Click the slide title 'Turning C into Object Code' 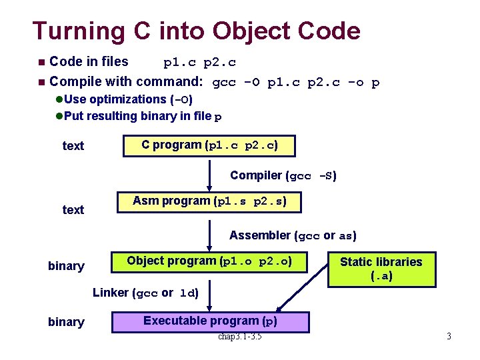pyautogui.click(x=196, y=31)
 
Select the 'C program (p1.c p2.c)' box pyautogui.click(x=209, y=145)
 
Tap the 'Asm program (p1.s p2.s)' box pyautogui.click(x=209, y=201)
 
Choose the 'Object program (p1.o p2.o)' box pyautogui.click(x=209, y=261)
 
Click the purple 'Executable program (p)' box pyautogui.click(x=209, y=321)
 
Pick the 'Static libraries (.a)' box pyautogui.click(x=381, y=269)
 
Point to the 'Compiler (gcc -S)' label pyautogui.click(x=283, y=176)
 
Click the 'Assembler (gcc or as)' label pyautogui.click(x=293, y=235)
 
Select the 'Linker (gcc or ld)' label pyautogui.click(x=145, y=293)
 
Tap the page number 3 pyautogui.click(x=449, y=337)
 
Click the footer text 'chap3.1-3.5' pyautogui.click(x=239, y=336)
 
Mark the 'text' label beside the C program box pyautogui.click(x=73, y=146)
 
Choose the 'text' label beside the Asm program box pyautogui.click(x=73, y=210)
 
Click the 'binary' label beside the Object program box pyautogui.click(x=66, y=266)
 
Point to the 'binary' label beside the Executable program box pyautogui.click(x=66, y=322)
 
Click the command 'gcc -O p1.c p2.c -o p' pyautogui.click(x=295, y=83)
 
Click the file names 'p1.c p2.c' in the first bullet pyautogui.click(x=199, y=63)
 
